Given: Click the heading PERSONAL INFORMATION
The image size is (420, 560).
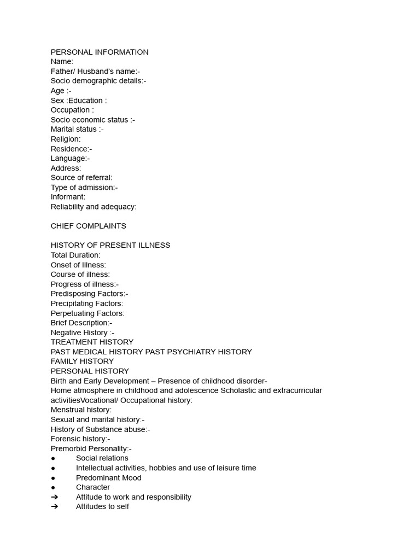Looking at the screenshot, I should click(x=100, y=52).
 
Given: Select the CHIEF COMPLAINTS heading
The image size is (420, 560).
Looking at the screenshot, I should click(x=88, y=226).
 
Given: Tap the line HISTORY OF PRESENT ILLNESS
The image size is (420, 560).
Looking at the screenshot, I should click(x=110, y=245).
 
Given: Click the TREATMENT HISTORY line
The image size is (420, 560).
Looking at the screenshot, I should click(x=92, y=342).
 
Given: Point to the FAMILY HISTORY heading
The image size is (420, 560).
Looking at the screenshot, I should click(x=82, y=361).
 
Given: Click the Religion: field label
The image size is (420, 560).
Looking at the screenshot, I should click(x=66, y=139).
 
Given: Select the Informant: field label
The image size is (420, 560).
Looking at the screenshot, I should click(x=68, y=197).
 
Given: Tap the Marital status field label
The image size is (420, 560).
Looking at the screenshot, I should click(x=77, y=129).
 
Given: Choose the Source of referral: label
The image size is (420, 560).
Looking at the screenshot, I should click(x=81, y=178).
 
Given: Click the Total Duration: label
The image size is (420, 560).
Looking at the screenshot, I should click(x=75, y=255).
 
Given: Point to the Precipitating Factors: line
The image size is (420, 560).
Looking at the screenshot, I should click(x=87, y=304).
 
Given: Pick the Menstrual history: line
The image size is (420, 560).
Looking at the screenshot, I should click(x=81, y=410).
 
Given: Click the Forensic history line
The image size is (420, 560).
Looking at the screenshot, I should click(x=80, y=439).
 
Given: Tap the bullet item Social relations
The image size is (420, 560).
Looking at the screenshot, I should click(x=102, y=458).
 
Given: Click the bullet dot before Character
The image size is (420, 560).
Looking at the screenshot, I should click(x=53, y=487).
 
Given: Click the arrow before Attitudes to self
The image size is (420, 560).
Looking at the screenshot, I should click(x=54, y=506).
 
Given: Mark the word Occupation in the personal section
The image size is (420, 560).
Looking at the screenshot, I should click(x=70, y=110).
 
